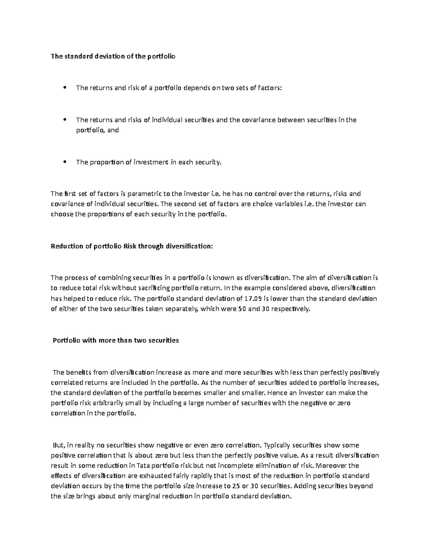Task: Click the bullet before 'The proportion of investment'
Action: coord(65,162)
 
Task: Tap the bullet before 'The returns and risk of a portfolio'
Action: coord(65,88)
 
